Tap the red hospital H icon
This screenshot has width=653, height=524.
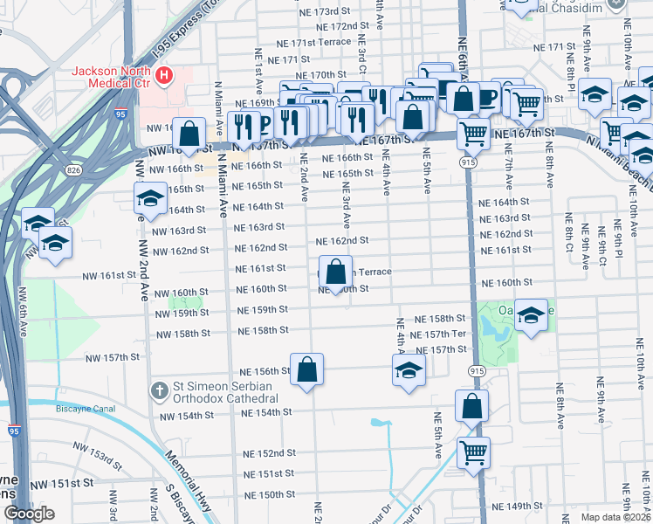point(162,75)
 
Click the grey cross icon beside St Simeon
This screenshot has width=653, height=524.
point(158,388)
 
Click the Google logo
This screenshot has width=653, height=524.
point(29,514)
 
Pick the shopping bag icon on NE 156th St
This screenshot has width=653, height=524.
point(307,370)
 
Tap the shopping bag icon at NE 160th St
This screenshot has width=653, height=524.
point(336,273)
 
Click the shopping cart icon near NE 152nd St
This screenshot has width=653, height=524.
point(473,452)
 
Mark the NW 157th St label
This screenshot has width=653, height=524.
point(112,357)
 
